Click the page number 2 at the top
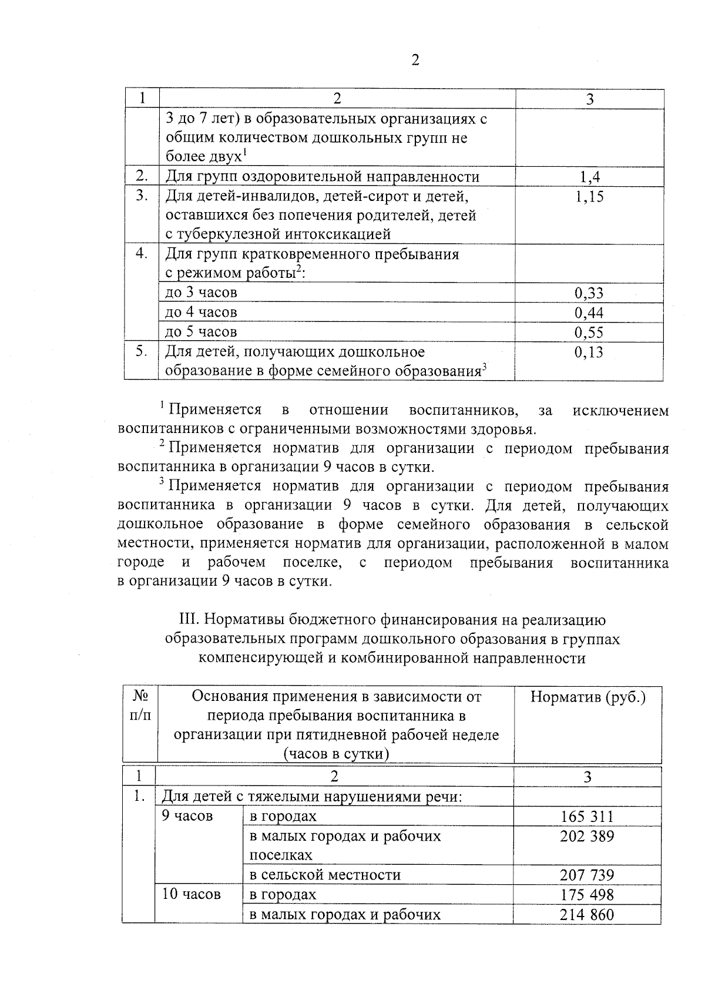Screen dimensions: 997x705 (415, 61)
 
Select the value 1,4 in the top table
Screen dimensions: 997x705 (589, 177)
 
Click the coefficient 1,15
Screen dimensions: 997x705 (589, 197)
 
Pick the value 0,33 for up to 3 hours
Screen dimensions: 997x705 (589, 293)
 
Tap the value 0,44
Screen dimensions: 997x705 (589, 313)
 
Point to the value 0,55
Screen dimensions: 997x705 (589, 333)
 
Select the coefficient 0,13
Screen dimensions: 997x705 (589, 353)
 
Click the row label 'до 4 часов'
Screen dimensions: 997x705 (201, 312)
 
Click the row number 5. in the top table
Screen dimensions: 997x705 (141, 351)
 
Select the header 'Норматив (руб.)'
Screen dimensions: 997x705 (588, 697)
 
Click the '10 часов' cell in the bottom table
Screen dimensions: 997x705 (191, 895)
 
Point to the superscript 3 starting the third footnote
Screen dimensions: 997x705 (161, 482)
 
